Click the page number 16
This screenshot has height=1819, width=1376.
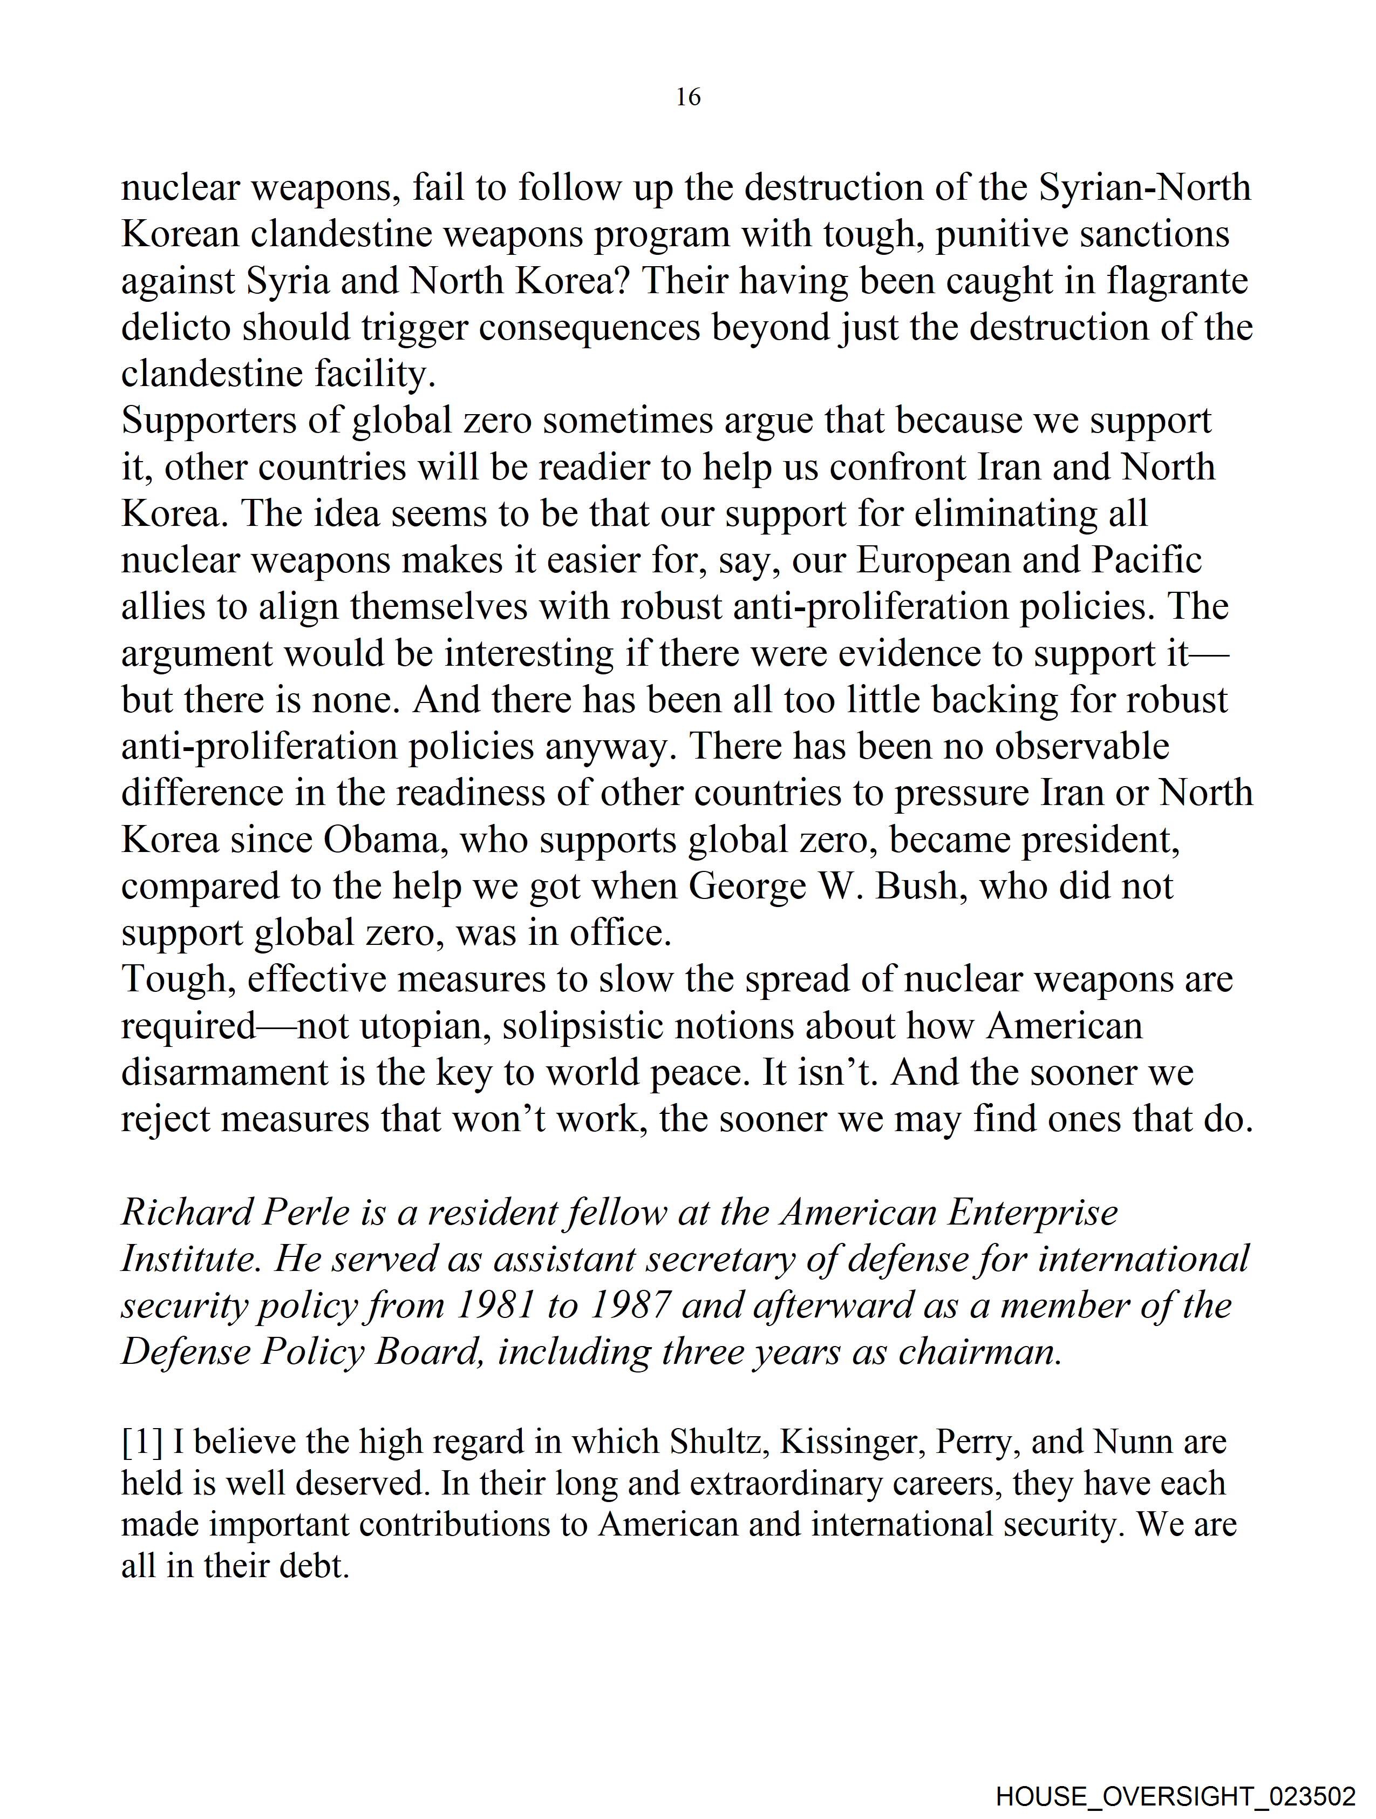(x=688, y=97)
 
